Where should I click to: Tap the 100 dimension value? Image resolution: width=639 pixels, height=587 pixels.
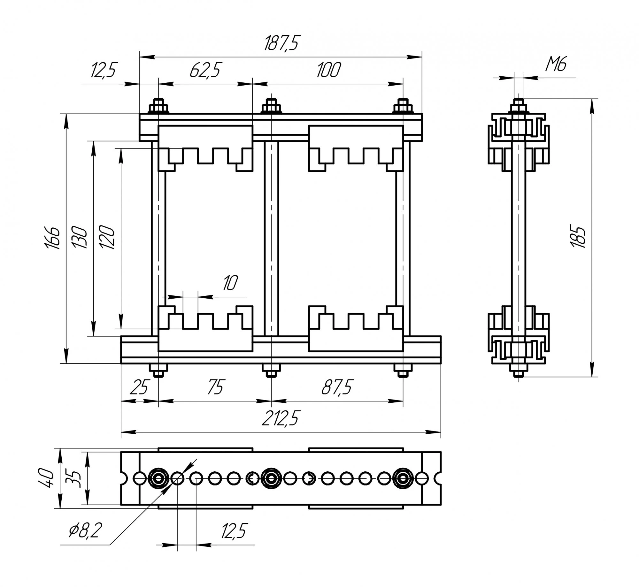[328, 70]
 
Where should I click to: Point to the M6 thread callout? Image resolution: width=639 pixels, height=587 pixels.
[556, 65]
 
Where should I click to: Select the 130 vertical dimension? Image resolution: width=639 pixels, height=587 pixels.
[79, 238]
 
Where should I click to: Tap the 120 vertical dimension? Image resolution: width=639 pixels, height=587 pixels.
[106, 238]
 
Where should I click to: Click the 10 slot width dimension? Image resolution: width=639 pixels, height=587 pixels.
[230, 283]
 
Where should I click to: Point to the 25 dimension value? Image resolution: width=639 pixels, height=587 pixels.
[140, 388]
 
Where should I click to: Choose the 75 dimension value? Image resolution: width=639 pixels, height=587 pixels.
[216, 388]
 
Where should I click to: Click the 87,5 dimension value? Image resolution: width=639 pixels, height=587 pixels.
[337, 388]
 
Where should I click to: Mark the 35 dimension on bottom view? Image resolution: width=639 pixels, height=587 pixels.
[75, 478]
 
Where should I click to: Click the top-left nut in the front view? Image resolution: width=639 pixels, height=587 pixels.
[158, 107]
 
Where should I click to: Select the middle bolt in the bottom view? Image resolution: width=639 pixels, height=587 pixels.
[271, 478]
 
